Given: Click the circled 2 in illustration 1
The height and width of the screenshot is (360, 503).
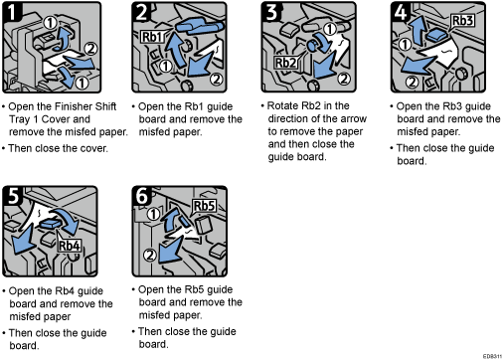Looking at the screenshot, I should click(x=91, y=47).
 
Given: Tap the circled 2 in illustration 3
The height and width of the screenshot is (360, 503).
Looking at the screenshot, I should click(x=343, y=78).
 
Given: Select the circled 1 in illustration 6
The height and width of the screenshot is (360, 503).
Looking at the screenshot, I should click(x=152, y=213).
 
